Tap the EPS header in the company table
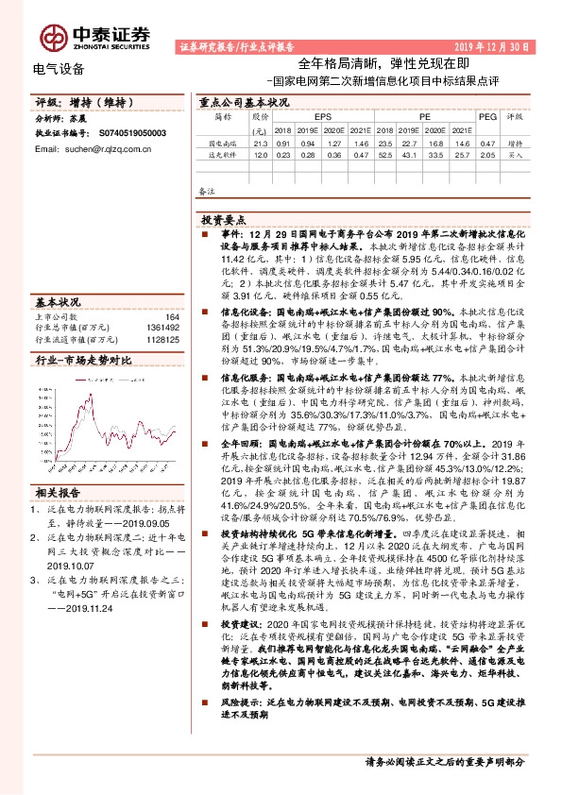[x=309, y=117]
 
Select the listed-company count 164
[x=171, y=316]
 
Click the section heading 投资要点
[x=225, y=216]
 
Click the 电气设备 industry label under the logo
[x=58, y=68]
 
